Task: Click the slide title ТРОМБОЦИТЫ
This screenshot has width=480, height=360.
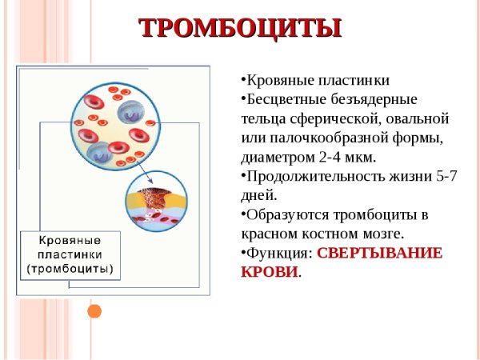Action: coord(240,28)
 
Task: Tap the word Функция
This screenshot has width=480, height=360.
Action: coord(277,253)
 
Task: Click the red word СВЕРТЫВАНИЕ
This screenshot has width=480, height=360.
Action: coord(380,253)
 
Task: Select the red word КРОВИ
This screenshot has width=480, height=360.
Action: coord(269,272)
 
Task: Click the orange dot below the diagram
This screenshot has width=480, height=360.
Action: coord(94,310)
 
